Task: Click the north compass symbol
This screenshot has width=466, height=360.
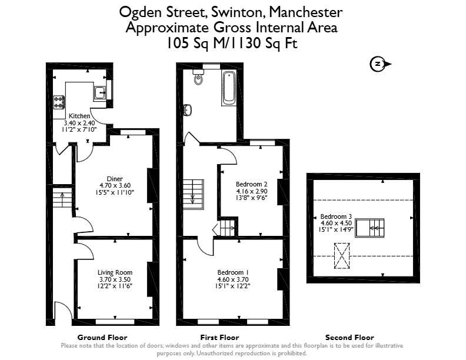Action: tap(380, 64)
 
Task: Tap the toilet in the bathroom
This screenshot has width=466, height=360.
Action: tap(198, 77)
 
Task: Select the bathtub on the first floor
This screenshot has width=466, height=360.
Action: tap(229, 88)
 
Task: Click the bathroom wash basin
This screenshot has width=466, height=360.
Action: tap(188, 109)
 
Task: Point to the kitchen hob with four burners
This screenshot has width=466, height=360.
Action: tap(59, 102)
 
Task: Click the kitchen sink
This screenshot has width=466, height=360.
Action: tap(100, 92)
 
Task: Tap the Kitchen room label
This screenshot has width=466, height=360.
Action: tap(79, 116)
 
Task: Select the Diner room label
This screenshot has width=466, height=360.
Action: tap(115, 179)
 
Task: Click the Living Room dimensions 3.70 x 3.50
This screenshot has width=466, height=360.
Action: tap(115, 279)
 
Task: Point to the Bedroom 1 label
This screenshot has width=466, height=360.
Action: tap(233, 272)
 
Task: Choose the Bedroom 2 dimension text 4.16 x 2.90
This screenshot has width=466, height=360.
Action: tap(252, 191)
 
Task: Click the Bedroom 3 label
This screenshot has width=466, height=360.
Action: tap(336, 216)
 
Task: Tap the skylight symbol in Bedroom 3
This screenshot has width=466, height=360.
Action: tap(342, 256)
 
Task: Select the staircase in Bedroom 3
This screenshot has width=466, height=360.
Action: tap(370, 228)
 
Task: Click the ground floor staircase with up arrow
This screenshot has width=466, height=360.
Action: tap(62, 198)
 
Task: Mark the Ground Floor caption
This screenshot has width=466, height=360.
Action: tap(102, 338)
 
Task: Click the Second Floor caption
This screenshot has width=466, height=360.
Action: tap(349, 338)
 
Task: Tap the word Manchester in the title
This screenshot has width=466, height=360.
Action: tap(306, 12)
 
